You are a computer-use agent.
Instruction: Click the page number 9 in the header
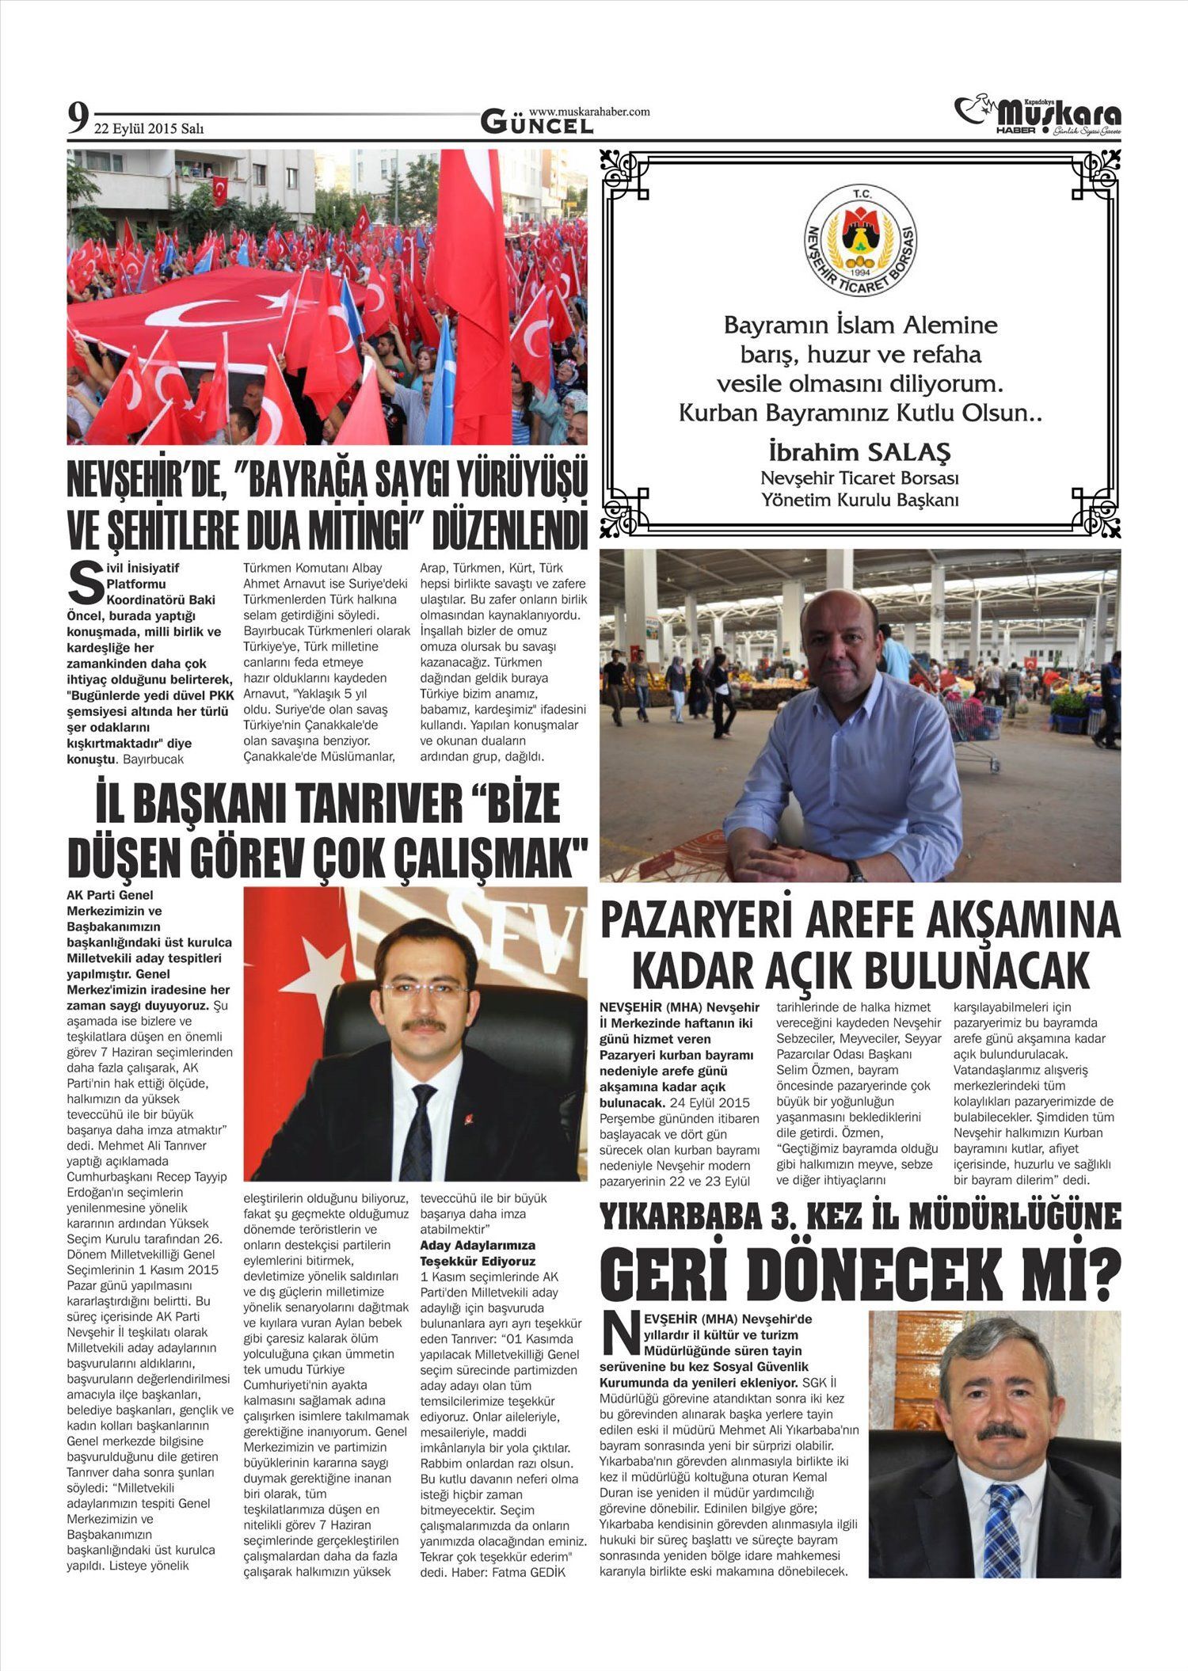tap(78, 120)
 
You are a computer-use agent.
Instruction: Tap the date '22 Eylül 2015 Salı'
tap(149, 128)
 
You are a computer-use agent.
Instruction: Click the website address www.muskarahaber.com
tap(588, 112)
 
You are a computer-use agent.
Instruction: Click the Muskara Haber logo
tap(1037, 116)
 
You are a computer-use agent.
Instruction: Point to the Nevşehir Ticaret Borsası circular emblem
tap(860, 240)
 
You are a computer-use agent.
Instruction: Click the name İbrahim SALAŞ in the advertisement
tap(859, 452)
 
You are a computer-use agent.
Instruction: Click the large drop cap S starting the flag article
tap(84, 583)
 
